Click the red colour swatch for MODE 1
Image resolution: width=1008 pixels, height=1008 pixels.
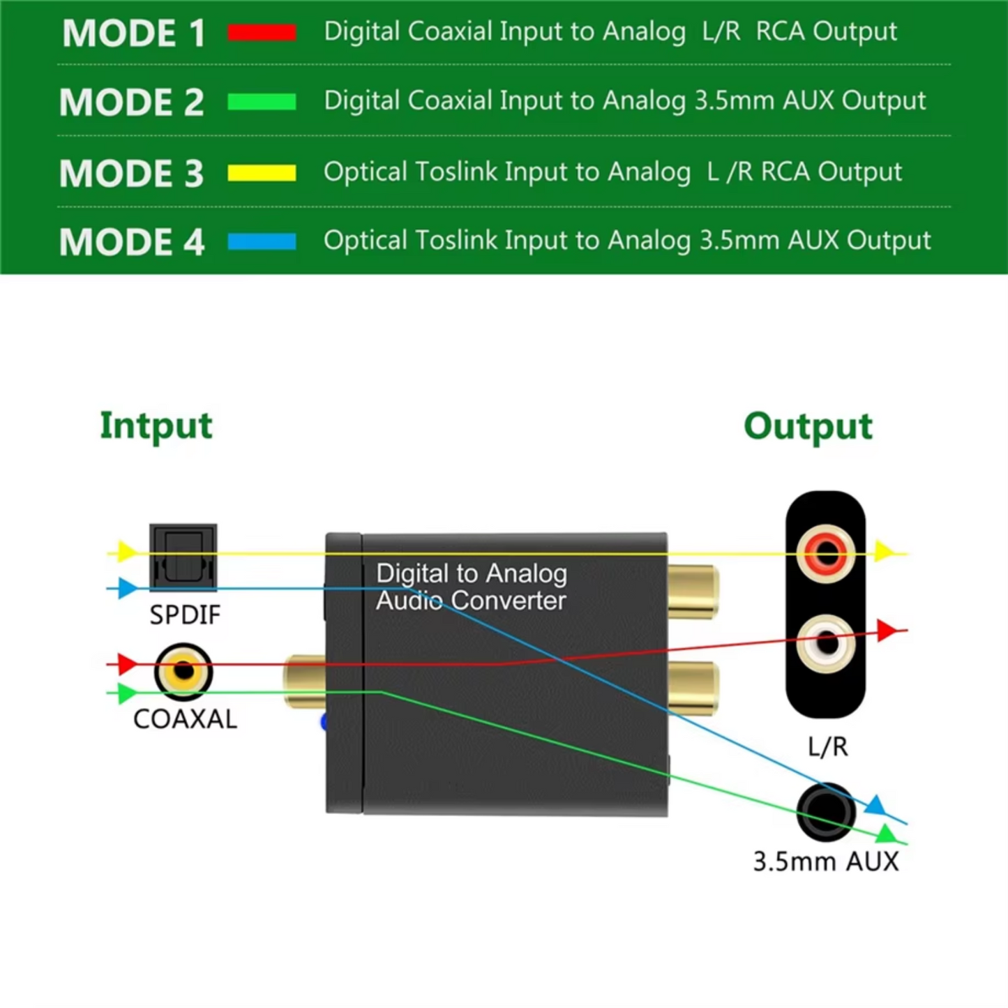pyautogui.click(x=262, y=32)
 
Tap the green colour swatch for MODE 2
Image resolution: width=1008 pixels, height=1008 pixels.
pyautogui.click(x=262, y=102)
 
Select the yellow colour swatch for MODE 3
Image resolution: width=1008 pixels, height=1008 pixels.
pyautogui.click(x=262, y=172)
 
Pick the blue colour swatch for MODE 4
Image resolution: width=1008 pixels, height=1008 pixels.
pyautogui.click(x=262, y=241)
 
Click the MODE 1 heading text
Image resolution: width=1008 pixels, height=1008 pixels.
pyautogui.click(x=134, y=33)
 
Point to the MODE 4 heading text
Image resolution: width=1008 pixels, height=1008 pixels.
pyautogui.click(x=132, y=243)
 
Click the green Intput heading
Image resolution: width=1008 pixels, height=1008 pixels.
pyautogui.click(x=156, y=426)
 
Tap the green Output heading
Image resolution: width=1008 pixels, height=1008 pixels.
pyautogui.click(x=808, y=426)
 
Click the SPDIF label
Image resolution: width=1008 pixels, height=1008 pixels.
pyautogui.click(x=185, y=615)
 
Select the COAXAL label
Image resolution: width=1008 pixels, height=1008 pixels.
pyautogui.click(x=185, y=719)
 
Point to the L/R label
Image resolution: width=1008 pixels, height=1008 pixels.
pyautogui.click(x=827, y=747)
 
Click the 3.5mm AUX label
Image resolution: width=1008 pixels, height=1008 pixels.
pyautogui.click(x=826, y=862)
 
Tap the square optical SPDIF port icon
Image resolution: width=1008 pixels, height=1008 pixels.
pyautogui.click(x=183, y=557)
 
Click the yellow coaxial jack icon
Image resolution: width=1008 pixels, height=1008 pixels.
pyautogui.click(x=183, y=671)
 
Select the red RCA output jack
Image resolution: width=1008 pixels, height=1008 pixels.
pyautogui.click(x=827, y=554)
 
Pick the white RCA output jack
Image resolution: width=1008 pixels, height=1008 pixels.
pyautogui.click(x=827, y=643)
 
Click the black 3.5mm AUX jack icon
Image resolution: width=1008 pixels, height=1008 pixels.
pyautogui.click(x=826, y=811)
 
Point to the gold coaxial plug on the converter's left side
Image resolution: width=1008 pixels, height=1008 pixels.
pyautogui.click(x=304, y=681)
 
